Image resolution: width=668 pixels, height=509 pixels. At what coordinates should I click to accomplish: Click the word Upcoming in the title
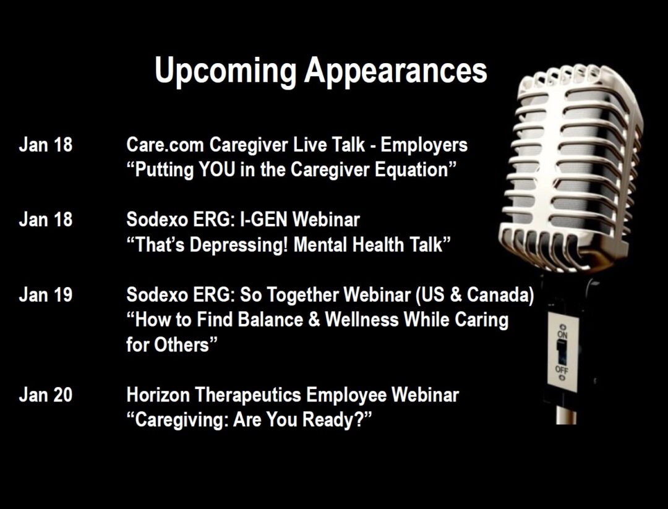(225, 71)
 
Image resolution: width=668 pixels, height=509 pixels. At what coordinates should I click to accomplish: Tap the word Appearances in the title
(396, 71)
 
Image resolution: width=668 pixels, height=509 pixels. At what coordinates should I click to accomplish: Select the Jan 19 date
(46, 295)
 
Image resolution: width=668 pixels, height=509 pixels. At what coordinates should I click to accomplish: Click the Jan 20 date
(46, 395)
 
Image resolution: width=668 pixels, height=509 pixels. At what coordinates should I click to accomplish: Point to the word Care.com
(165, 145)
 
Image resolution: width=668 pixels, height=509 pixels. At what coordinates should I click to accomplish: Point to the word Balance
(270, 320)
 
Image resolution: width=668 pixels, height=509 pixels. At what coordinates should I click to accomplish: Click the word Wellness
(362, 320)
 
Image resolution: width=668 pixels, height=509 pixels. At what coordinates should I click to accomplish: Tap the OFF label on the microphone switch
(562, 369)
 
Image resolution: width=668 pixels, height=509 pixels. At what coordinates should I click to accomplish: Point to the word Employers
(424, 145)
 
